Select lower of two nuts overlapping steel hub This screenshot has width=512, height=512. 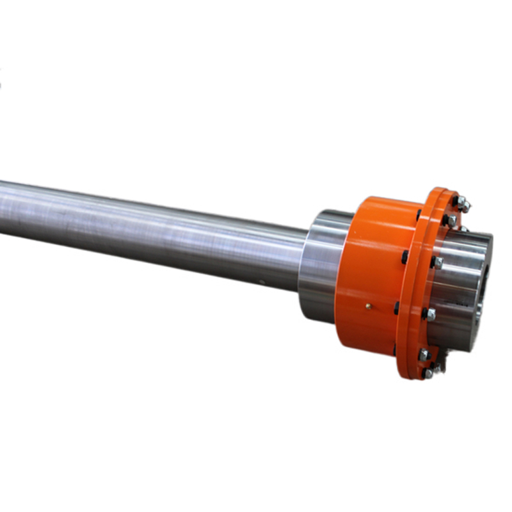point(431,314)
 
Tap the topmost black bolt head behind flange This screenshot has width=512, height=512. point(419,214)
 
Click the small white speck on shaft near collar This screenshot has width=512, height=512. point(262,282)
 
